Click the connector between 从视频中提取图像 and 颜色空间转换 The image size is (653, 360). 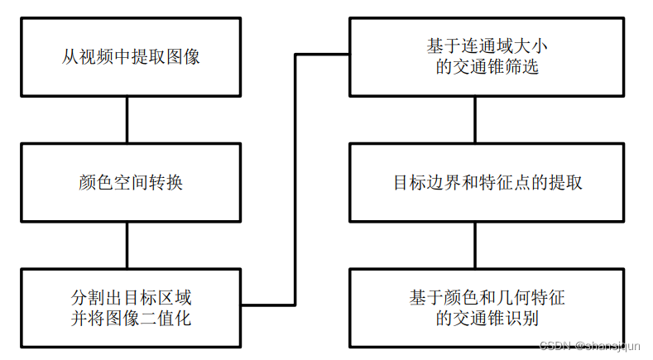pos(126,120)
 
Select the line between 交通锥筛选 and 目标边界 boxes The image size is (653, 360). pos(475,120)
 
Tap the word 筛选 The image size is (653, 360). pos(522,68)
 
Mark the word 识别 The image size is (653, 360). pos(522,318)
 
